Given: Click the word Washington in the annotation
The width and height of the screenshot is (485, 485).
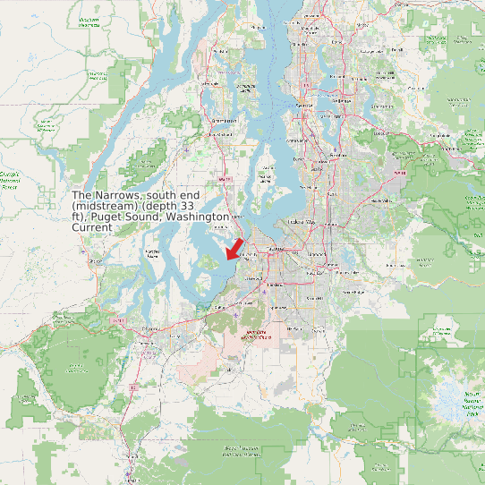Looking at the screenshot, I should click(x=200, y=217).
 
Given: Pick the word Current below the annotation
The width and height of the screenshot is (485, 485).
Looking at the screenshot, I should click(x=92, y=227).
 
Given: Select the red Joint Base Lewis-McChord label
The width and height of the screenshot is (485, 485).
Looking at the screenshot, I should click(x=255, y=336).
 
